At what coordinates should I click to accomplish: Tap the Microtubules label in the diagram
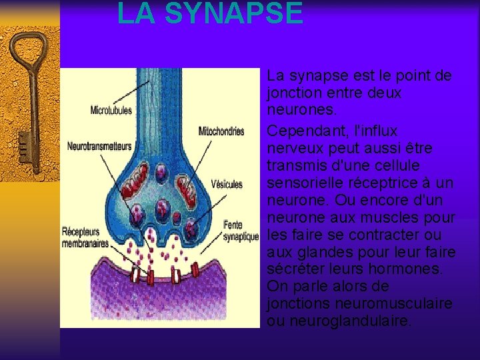pos(111,110)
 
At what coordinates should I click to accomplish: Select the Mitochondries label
pos(221,131)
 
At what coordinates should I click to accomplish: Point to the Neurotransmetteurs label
pos(100,145)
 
